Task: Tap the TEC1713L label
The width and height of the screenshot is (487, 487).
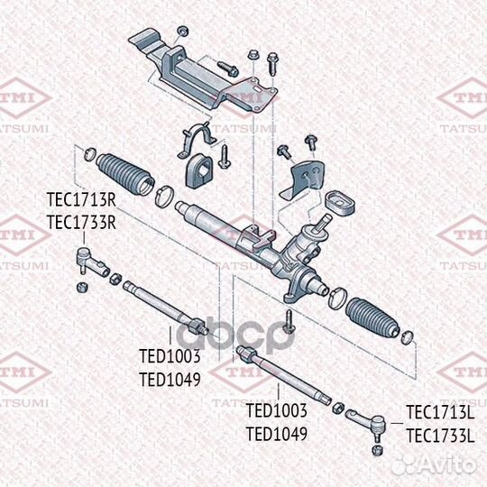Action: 439,413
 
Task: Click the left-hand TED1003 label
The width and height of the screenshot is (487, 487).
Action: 170,357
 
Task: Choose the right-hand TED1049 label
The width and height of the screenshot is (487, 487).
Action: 277,433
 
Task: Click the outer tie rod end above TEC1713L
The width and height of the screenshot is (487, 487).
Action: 372,420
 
